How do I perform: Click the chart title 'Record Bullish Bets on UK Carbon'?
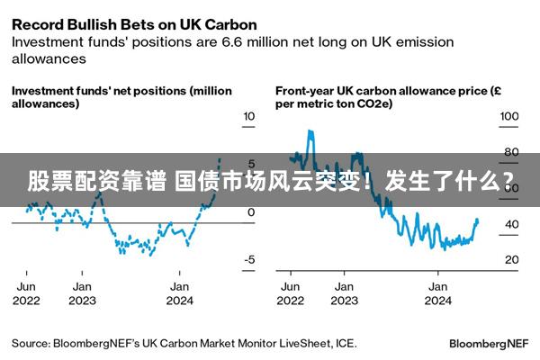tap(134, 23)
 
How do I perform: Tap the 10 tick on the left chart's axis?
tap(249, 117)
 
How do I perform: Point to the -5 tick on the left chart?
tap(249, 260)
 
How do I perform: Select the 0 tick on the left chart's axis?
tap(251, 212)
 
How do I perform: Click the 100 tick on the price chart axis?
tap(509, 117)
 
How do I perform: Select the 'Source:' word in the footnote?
tap(30, 344)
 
